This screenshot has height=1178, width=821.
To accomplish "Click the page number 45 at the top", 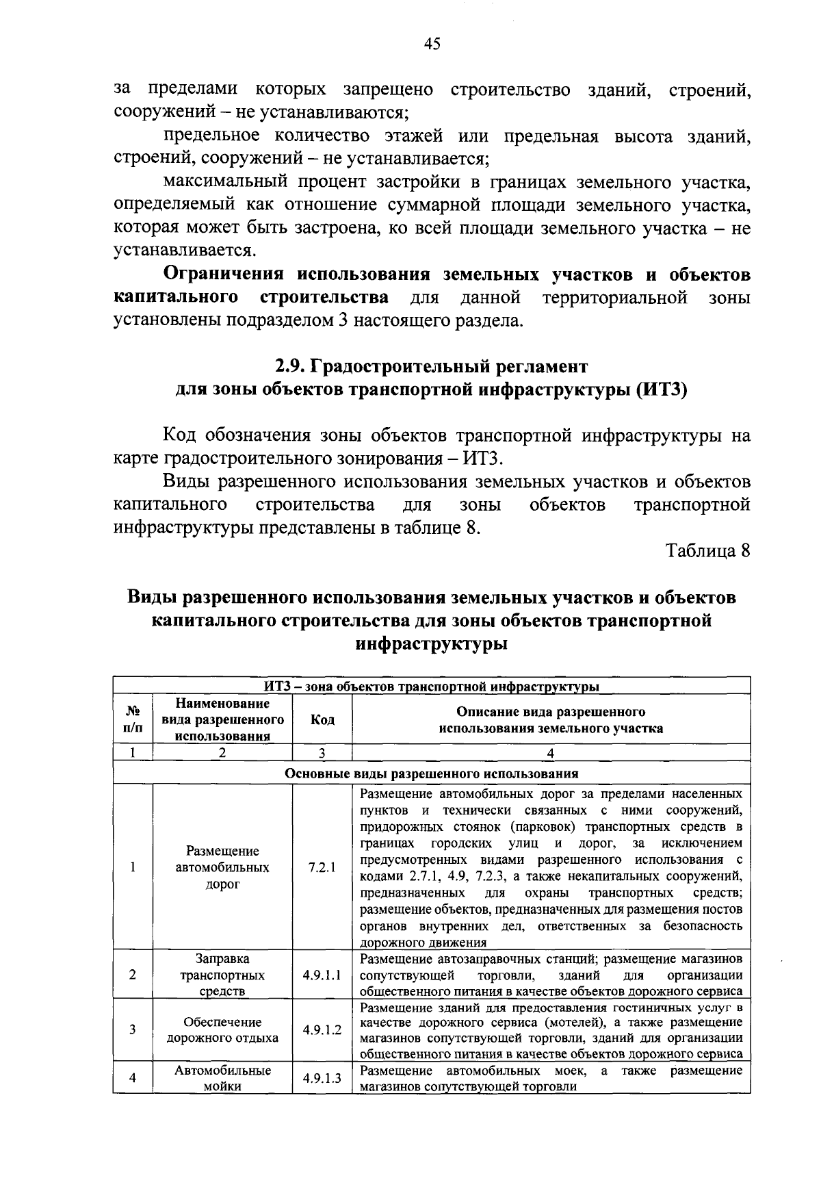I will tap(432, 44).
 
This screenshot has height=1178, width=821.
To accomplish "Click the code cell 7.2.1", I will tap(322, 867).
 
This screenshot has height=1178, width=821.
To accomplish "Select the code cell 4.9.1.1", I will tap(322, 975).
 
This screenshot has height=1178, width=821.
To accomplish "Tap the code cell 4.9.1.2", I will tap(322, 1029).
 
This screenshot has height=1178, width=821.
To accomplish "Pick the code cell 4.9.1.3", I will tap(322, 1078).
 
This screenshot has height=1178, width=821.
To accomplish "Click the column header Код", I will tap(322, 719).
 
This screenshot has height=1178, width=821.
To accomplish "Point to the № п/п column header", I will tap(133, 719).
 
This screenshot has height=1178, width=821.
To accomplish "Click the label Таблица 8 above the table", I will tap(709, 551).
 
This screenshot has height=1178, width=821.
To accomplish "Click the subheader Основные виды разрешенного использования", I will tap(431, 774).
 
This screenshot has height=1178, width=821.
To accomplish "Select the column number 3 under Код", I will tap(322, 753).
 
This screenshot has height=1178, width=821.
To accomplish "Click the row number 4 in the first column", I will tap(133, 1078).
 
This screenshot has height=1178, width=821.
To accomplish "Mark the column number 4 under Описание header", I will tap(551, 753).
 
